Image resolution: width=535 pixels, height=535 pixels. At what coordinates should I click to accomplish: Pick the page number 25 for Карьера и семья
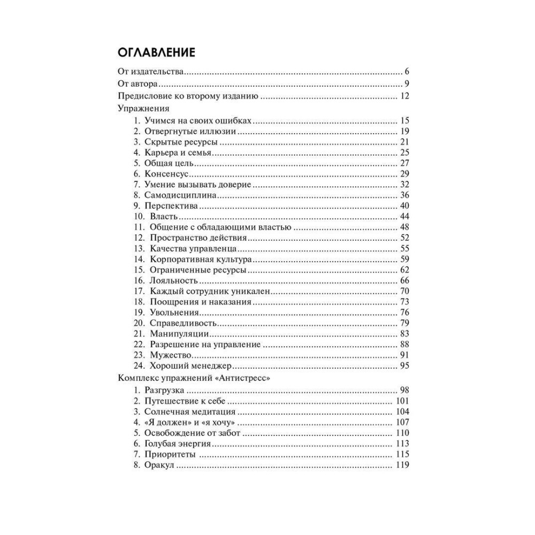[404, 152]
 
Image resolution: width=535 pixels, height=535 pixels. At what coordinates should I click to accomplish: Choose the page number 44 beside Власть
[404, 217]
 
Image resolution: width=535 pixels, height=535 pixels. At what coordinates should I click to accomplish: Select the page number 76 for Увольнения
[404, 313]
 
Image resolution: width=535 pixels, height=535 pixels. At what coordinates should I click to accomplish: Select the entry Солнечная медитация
[190, 411]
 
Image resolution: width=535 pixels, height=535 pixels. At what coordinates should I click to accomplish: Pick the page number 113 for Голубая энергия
[402, 444]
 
